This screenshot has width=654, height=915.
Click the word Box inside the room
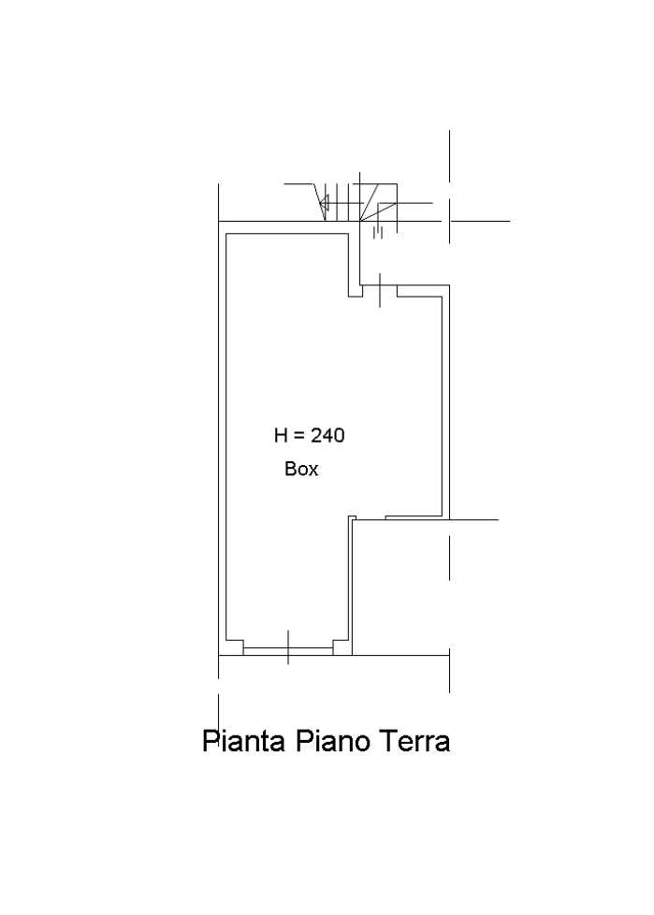pos(301,469)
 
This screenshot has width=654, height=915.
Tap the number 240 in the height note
pos(327,435)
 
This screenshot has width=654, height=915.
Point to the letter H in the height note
pos(281,435)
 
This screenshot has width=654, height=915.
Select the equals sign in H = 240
pos(298,436)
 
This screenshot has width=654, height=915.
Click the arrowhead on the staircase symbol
pos(325,203)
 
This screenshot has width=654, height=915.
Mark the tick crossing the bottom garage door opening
pos(288,646)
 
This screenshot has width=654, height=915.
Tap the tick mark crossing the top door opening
pos(380,289)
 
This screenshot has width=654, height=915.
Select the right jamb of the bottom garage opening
pos(342,646)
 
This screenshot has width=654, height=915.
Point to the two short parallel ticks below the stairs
pos(378,233)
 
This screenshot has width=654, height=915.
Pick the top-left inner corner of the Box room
pos(226,234)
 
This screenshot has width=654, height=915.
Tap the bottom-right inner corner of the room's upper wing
pos(442,516)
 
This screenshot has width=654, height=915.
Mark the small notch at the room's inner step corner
pos(352,518)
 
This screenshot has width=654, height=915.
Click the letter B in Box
pos(290,469)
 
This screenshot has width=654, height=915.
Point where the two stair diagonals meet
pos(360,221)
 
